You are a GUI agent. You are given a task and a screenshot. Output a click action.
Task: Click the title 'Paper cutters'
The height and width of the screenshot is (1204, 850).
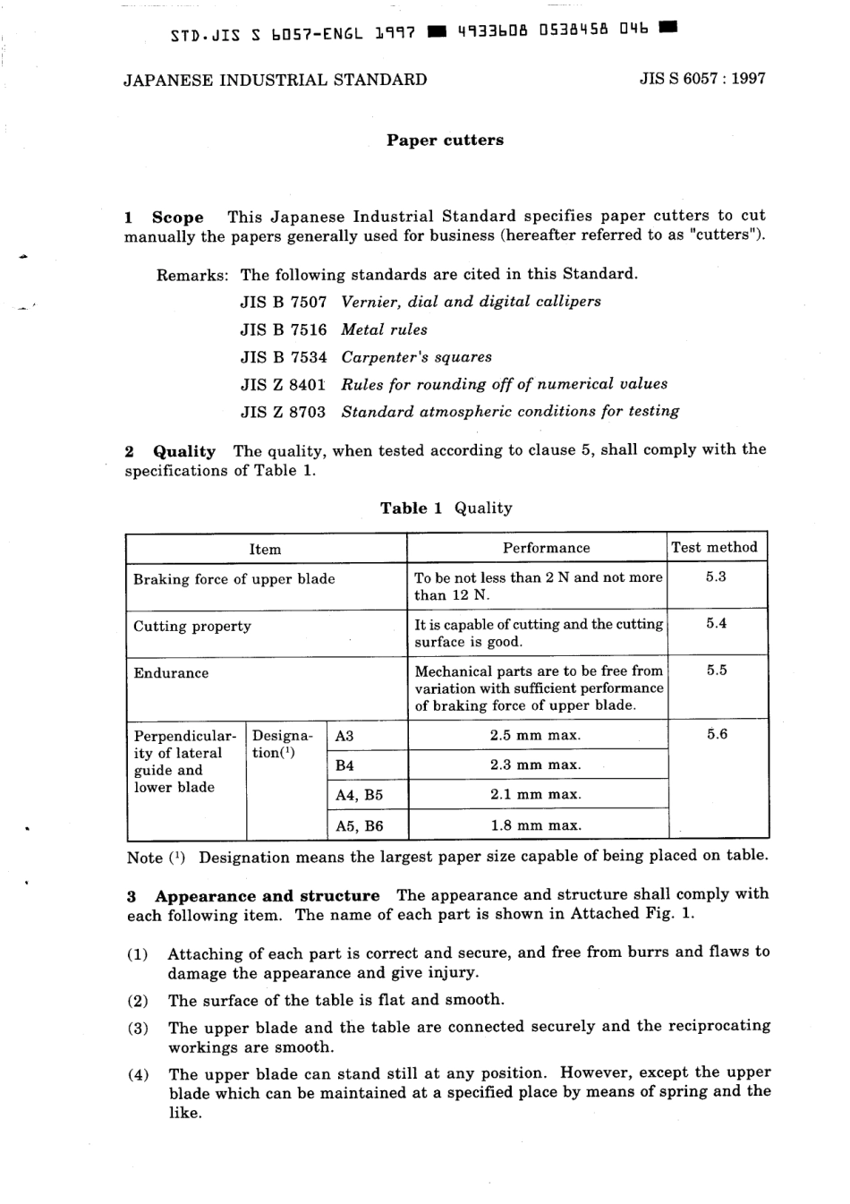point(445,141)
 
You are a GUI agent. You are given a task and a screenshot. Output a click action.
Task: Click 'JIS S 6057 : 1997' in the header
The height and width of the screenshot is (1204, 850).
point(702,79)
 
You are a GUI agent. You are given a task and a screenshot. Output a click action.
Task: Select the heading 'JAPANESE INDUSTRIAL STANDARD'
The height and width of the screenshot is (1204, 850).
point(275,80)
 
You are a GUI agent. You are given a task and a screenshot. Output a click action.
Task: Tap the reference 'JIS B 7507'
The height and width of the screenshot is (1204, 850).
point(284,302)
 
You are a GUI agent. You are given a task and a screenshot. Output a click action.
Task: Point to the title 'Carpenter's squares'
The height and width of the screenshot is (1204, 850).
point(416,357)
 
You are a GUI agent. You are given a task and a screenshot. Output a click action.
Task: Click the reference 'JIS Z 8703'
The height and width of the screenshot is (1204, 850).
point(284,413)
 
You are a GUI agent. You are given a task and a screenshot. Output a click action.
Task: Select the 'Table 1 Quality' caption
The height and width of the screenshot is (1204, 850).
point(446,508)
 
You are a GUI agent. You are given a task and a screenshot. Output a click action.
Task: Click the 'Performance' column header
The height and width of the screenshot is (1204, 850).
point(546,548)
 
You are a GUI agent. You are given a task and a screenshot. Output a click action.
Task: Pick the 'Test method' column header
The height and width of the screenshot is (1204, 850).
point(714,547)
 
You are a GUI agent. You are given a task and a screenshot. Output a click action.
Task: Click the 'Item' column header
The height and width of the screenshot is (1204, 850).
point(265,550)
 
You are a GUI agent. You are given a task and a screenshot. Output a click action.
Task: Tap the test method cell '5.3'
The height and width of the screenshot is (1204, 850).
point(716,577)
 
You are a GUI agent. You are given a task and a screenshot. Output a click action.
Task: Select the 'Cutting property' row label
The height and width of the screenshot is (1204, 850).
point(192,627)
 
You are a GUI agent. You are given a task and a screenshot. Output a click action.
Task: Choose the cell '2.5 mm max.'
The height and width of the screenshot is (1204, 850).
point(535,735)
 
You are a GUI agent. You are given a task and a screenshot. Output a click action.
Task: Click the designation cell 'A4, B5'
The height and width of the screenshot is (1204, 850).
point(359,795)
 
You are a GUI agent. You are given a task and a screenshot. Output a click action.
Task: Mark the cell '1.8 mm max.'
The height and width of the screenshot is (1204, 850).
point(535,825)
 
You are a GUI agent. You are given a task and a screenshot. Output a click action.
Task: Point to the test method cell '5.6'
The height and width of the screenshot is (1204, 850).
point(717,735)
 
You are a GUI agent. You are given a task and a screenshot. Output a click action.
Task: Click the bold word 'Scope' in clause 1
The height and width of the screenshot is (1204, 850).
point(177,217)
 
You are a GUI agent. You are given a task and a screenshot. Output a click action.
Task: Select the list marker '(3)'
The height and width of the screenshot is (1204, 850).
point(138,1028)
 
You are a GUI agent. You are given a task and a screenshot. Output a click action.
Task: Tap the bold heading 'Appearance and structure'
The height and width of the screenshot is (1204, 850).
point(267,896)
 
